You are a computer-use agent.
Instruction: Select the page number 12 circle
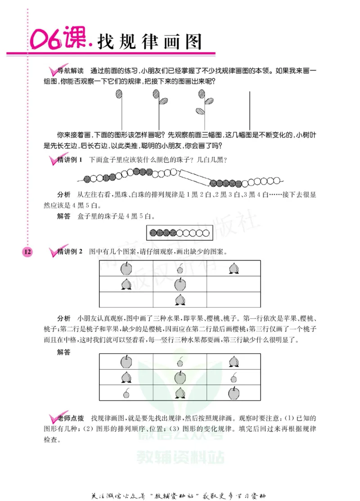(x=27, y=252)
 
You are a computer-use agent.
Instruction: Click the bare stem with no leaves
(x=249, y=110)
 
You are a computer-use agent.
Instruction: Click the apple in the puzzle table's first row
(x=126, y=269)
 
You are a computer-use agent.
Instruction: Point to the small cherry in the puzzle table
(x=180, y=270)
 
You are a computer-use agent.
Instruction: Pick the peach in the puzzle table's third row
(x=180, y=299)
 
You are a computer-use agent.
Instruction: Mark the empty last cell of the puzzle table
(x=234, y=300)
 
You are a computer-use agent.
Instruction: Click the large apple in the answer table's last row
(x=234, y=393)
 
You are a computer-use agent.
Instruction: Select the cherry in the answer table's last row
(x=126, y=393)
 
